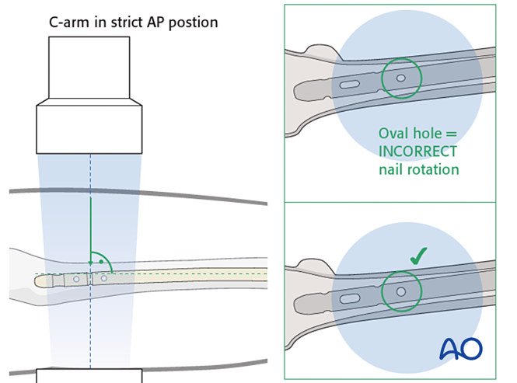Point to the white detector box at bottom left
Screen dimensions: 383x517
89,376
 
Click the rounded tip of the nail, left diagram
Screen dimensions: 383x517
40,277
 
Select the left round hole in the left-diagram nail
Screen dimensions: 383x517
76,278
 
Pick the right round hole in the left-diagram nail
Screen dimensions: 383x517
104,278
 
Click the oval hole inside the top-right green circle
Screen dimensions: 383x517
401,78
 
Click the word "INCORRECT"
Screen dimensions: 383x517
417,151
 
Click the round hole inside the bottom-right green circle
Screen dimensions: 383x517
401,292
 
